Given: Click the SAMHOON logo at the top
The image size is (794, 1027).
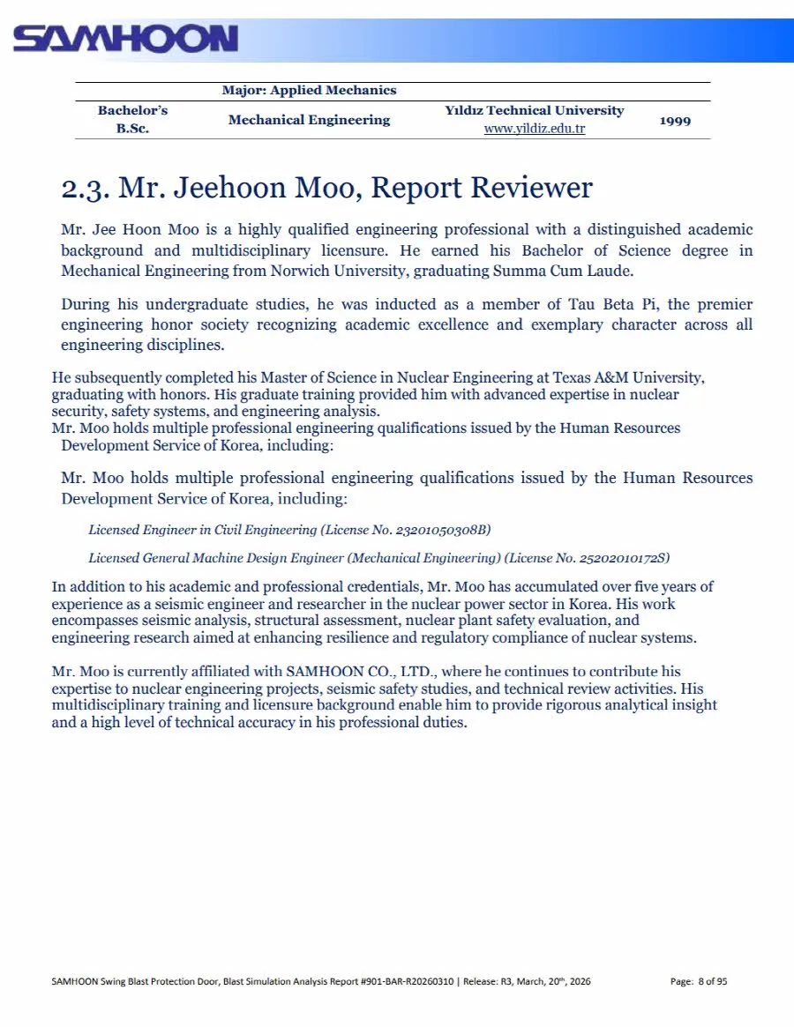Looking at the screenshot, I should point(125,38).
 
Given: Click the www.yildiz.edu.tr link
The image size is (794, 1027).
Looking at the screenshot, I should point(535,129).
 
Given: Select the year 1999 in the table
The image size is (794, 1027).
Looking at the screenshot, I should point(675,120).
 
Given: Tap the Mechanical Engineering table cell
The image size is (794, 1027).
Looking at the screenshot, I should point(309,120).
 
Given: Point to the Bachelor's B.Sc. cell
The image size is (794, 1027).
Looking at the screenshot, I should point(132,120).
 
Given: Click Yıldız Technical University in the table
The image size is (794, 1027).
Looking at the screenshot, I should point(535,111).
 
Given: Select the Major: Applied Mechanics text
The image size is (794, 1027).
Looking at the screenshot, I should point(309,90).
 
